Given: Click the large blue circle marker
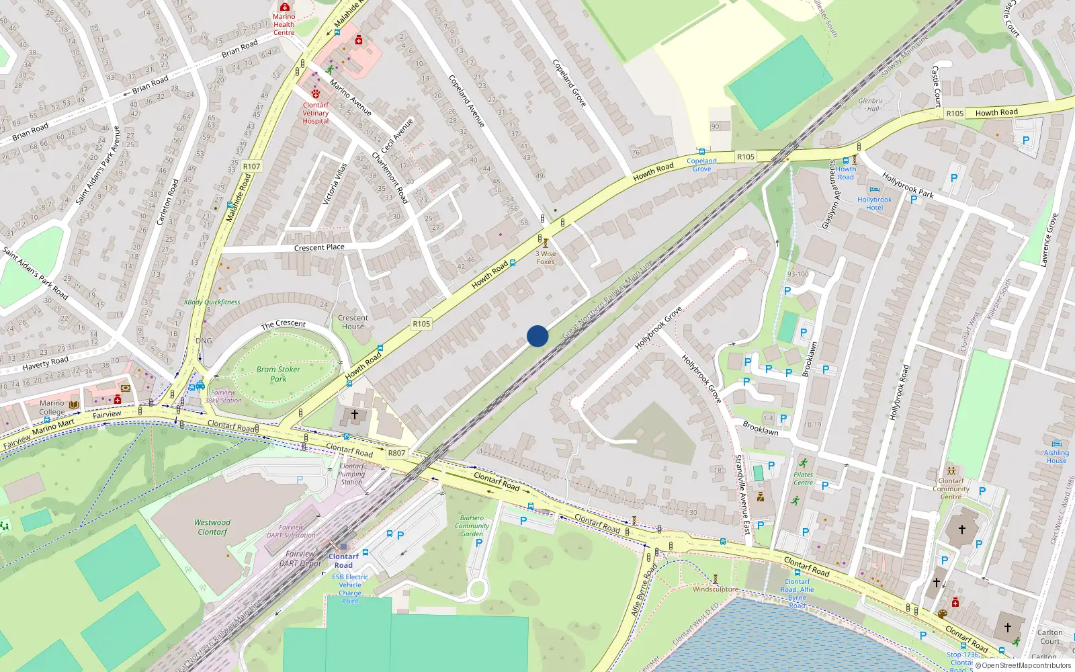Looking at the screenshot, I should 537,336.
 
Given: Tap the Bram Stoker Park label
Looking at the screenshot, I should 278,374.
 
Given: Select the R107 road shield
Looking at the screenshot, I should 251,167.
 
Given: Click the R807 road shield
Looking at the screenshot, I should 396,453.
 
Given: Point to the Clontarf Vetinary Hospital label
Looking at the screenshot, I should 316,113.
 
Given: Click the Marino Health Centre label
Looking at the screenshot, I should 284,24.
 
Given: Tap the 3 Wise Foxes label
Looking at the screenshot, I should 546,257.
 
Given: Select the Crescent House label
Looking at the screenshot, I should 353,323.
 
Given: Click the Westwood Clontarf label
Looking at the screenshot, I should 212,528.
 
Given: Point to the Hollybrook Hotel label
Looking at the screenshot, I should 874,204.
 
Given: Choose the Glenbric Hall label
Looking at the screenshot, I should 871,105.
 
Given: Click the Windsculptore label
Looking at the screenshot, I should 715,589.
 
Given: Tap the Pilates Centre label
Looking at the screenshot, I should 803,478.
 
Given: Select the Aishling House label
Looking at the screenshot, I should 1056,456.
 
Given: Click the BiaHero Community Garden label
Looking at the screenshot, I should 472,526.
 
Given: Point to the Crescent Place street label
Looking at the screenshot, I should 319,247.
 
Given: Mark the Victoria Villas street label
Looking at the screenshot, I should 335,183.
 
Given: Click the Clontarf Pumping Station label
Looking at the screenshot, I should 351,474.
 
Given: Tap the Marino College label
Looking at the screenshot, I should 52,408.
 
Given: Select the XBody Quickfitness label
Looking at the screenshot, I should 212,302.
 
